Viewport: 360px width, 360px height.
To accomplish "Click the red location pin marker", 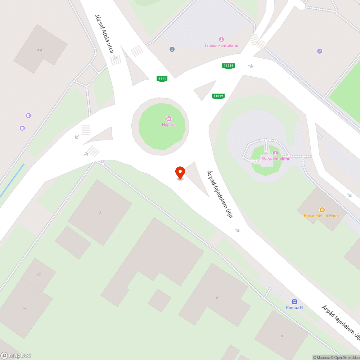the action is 180,172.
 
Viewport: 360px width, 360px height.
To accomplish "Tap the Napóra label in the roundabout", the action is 168,125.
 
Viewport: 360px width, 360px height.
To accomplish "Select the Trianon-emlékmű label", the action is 221,45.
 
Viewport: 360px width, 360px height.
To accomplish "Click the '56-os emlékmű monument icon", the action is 275,153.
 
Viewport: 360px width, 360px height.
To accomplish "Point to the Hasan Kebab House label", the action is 322,216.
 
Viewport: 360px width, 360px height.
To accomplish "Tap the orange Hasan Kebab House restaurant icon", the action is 322,210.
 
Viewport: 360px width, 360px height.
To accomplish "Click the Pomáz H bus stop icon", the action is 294,302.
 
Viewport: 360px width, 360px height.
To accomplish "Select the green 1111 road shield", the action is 162,78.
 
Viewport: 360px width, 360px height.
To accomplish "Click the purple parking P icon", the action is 319,51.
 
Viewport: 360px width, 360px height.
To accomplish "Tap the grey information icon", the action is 172,49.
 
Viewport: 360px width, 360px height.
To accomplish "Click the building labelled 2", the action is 100,212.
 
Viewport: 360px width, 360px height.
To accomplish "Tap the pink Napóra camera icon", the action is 168,119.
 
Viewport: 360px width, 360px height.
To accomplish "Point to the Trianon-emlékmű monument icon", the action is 221,39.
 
